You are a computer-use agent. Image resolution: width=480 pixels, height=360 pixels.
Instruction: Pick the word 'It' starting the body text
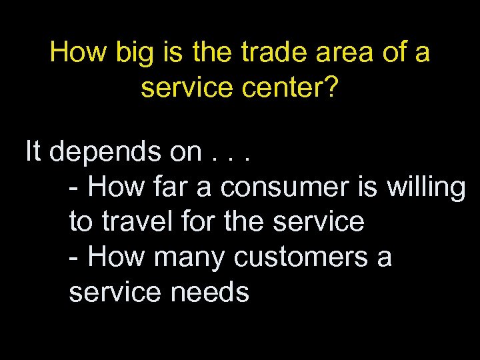coord(33,151)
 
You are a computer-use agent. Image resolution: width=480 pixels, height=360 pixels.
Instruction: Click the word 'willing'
coord(425,188)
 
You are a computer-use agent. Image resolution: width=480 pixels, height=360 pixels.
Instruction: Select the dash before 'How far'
coord(75,189)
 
